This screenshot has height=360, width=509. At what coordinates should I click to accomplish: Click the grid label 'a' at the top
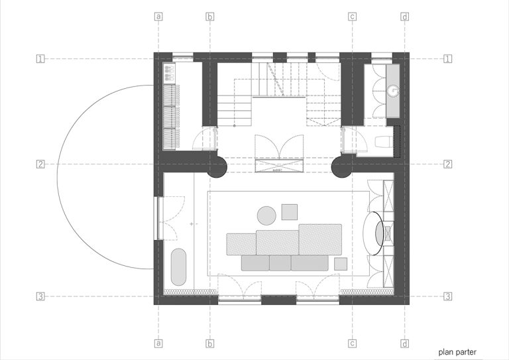(x=158, y=16)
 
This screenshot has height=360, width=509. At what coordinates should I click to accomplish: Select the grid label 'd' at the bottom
(x=405, y=343)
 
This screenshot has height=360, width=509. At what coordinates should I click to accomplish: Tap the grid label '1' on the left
(x=40, y=59)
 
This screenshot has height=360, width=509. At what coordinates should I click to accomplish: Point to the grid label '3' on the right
(x=447, y=296)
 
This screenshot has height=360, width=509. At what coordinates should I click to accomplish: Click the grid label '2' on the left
(x=40, y=164)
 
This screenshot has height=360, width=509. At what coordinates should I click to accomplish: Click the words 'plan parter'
(x=457, y=352)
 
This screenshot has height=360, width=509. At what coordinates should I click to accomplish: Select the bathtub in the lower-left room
(x=178, y=267)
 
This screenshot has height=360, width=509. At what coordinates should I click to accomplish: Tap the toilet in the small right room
(x=382, y=142)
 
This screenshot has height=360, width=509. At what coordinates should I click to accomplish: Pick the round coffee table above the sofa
(x=266, y=215)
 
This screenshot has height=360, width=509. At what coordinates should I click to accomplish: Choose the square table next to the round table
(x=290, y=212)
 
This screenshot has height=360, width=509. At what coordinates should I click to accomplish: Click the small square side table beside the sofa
(x=341, y=264)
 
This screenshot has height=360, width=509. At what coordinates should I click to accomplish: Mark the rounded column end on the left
(x=217, y=167)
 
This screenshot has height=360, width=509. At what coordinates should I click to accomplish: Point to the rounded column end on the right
(x=341, y=167)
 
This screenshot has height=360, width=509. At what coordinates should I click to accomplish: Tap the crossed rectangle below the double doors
(x=279, y=166)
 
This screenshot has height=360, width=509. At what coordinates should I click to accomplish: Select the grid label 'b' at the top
(x=210, y=16)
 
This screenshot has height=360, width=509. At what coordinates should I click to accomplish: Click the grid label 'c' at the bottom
(x=352, y=343)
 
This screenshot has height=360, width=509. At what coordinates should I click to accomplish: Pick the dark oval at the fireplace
(x=380, y=233)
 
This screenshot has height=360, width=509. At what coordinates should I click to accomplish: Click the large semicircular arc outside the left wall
(x=58, y=177)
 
